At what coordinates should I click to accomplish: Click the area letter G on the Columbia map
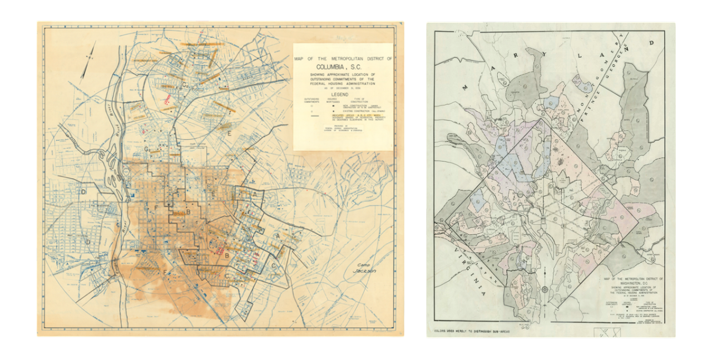tap(147, 149)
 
